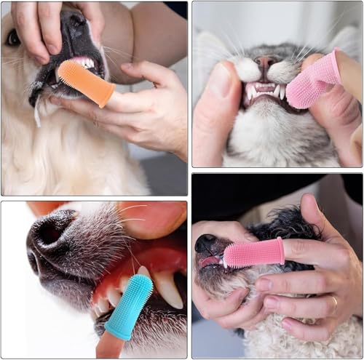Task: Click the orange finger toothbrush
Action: click(84, 81)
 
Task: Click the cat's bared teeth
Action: click(266, 90)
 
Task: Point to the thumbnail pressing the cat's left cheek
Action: click(218, 81)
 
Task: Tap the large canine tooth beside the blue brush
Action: click(167, 288)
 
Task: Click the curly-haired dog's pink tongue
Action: click(210, 261)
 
